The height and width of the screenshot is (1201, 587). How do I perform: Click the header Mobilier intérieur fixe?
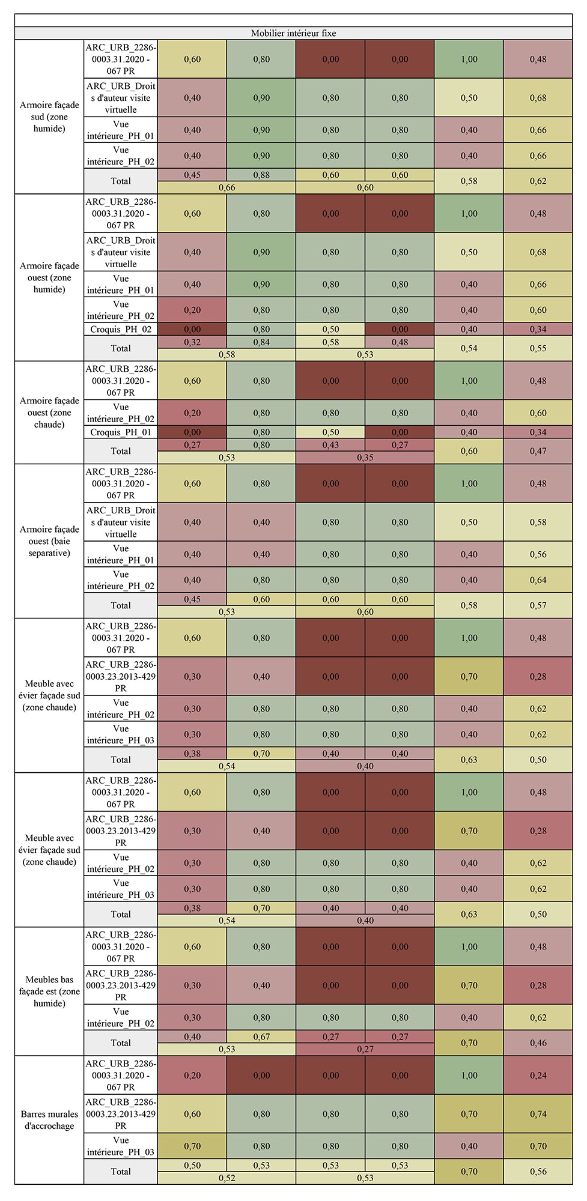click(293, 33)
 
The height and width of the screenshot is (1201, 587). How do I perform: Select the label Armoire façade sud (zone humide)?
click(49, 116)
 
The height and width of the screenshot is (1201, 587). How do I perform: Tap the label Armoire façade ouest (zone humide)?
click(49, 277)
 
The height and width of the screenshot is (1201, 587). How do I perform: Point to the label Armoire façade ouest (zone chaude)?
click(49, 413)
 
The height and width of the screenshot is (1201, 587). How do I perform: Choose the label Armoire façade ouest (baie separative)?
click(49, 541)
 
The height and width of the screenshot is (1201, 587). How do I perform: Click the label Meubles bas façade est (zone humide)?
click(49, 991)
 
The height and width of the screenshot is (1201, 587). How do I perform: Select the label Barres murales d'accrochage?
click(49, 1120)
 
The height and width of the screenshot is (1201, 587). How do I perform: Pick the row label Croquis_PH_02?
click(121, 329)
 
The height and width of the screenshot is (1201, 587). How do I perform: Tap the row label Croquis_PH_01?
click(121, 432)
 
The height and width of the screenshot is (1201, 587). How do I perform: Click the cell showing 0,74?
click(538, 1114)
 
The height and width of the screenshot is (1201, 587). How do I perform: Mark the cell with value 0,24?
click(538, 1075)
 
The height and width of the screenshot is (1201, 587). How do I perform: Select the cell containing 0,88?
click(261, 175)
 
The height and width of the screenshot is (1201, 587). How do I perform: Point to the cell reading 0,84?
click(261, 342)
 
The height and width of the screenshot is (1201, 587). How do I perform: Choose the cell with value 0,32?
click(192, 342)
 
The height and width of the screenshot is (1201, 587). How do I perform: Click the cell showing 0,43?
click(330, 445)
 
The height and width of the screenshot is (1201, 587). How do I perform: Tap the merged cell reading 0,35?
click(365, 458)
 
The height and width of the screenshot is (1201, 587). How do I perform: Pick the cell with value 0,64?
click(538, 580)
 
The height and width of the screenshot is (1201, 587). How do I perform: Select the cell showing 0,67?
click(261, 1037)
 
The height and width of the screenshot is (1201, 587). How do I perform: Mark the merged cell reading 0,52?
click(227, 1178)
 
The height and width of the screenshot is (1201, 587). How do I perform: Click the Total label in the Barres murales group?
click(121, 1172)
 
